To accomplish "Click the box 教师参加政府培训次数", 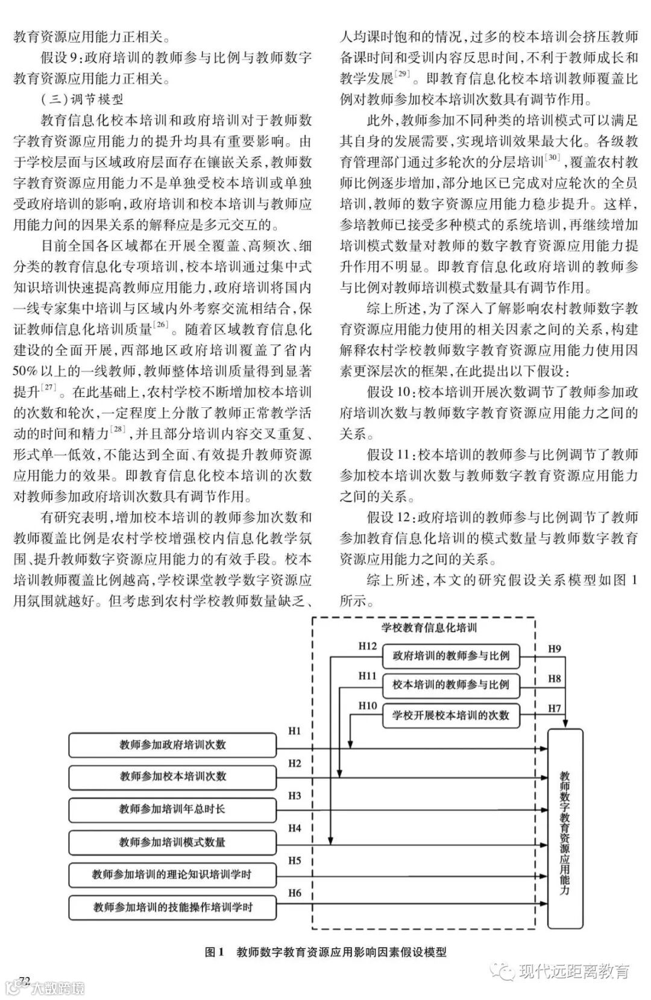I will [172, 745].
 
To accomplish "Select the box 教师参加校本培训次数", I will [172, 777].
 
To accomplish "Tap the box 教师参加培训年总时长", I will [172, 810].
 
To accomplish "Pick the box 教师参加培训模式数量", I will [172, 842].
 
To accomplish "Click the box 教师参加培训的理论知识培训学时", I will [172, 875].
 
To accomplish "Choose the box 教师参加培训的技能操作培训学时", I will [172, 907].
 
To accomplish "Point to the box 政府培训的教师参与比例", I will [451, 655].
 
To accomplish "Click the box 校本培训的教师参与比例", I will [451, 685].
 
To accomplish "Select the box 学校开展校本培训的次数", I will [451, 715].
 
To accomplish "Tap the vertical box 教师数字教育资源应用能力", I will [565, 828].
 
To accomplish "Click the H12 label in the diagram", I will [367, 646].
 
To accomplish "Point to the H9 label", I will [554, 649].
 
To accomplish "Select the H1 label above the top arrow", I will [294, 731].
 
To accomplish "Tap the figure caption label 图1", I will [214, 952].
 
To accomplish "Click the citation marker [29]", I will [402, 75].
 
